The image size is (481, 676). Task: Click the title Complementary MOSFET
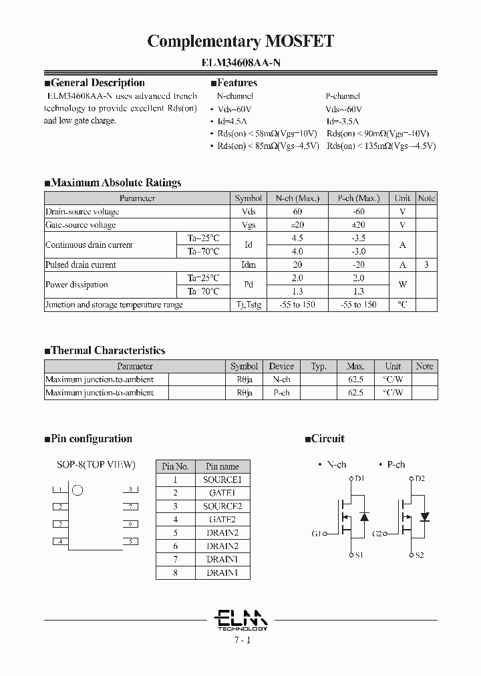point(240,41)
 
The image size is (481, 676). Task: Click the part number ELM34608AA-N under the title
point(240,63)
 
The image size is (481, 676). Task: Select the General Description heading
point(98,83)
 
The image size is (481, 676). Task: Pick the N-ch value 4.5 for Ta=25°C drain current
point(297,238)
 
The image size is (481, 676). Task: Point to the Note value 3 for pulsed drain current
point(426,265)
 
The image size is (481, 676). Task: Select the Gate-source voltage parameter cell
point(81,225)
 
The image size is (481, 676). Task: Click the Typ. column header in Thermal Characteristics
point(319,366)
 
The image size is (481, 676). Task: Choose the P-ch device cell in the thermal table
point(281,393)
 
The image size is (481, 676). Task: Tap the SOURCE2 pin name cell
point(222,506)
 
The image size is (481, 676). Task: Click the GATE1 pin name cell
point(222,493)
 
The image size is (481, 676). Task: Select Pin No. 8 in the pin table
point(176,572)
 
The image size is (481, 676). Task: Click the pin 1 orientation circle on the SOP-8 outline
point(77,490)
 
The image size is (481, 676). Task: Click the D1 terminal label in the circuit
point(359,478)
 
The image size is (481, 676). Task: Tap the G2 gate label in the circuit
point(378,534)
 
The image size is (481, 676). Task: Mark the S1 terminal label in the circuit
point(359,555)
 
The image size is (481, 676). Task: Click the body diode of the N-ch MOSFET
point(364,517)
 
